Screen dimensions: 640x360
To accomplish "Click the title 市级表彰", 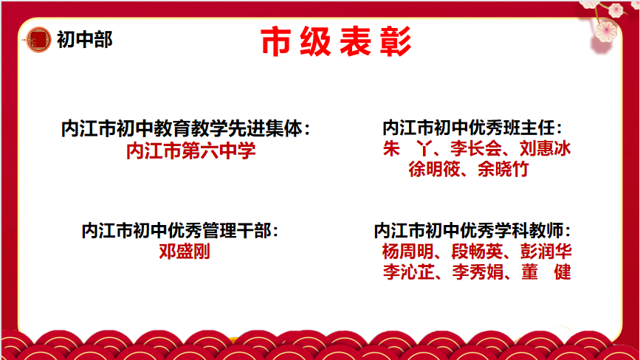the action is pyautogui.click(x=336, y=41).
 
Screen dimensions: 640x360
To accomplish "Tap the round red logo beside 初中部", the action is pyautogui.click(x=38, y=40).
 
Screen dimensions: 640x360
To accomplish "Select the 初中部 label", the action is pyautogui.click(x=84, y=40).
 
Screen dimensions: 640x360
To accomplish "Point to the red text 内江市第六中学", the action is pyautogui.click(x=191, y=150).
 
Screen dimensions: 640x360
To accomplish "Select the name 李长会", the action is pyautogui.click(x=476, y=148).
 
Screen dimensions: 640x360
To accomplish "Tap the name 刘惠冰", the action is pyautogui.click(x=546, y=148).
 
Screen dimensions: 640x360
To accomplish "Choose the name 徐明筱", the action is pyautogui.click(x=434, y=169).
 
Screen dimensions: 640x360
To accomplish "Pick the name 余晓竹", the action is pyautogui.click(x=503, y=169).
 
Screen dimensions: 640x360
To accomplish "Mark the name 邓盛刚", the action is pyautogui.click(x=185, y=251).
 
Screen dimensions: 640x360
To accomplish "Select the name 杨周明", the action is pyautogui.click(x=407, y=251).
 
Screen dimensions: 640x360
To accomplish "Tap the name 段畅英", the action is pyautogui.click(x=477, y=251).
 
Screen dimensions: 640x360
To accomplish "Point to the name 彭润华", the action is pyautogui.click(x=546, y=251).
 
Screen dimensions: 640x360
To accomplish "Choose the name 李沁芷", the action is pyautogui.click(x=408, y=272).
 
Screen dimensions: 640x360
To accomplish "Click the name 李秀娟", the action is pyautogui.click(x=478, y=272).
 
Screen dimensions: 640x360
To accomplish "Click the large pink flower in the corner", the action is pyautogui.click(x=606, y=32).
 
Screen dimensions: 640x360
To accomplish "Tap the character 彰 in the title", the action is pyautogui.click(x=396, y=41).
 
